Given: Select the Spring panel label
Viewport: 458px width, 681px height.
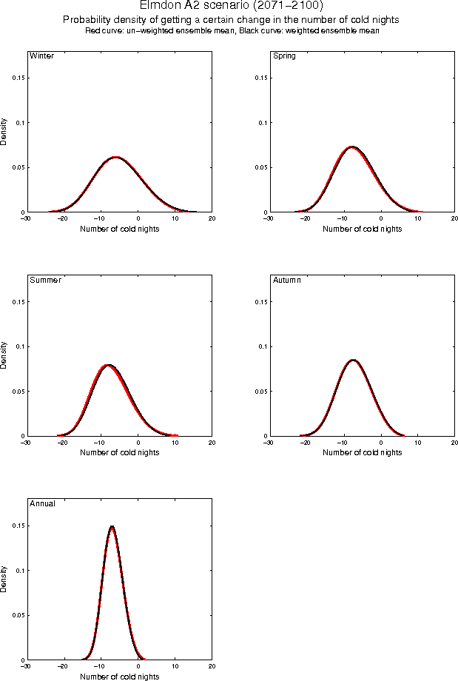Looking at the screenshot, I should (x=284, y=56).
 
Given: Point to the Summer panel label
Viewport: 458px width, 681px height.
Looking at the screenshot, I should (x=45, y=280).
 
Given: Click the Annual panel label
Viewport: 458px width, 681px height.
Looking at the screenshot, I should (x=41, y=503).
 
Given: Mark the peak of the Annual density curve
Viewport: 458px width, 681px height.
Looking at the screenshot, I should (x=112, y=526).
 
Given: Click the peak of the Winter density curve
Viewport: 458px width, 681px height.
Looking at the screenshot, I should (x=115, y=157).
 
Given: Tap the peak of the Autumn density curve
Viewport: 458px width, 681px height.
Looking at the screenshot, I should (x=353, y=360).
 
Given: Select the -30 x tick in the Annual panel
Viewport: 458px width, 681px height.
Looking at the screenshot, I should (x=26, y=665).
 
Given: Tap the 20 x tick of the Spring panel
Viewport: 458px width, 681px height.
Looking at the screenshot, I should (x=454, y=218).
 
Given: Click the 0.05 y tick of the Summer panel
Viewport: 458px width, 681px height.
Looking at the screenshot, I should (x=18, y=391).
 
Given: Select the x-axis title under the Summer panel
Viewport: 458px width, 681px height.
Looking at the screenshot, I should (x=118, y=452).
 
